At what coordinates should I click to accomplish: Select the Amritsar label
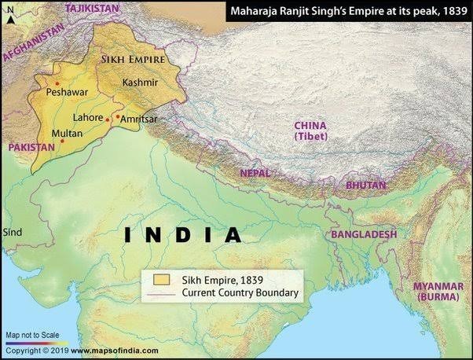click(x=140, y=118)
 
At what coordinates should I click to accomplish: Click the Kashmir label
click(x=141, y=82)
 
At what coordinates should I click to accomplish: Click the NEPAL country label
click(x=255, y=172)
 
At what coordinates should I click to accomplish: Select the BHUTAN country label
click(x=366, y=185)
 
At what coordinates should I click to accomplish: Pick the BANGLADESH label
click(x=363, y=234)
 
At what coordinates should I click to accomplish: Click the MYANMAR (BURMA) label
click(x=440, y=291)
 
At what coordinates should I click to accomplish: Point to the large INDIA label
click(x=184, y=234)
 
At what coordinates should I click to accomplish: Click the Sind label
click(x=13, y=233)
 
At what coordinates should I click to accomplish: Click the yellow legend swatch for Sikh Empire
click(x=163, y=279)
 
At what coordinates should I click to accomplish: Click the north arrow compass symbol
click(x=9, y=17)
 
